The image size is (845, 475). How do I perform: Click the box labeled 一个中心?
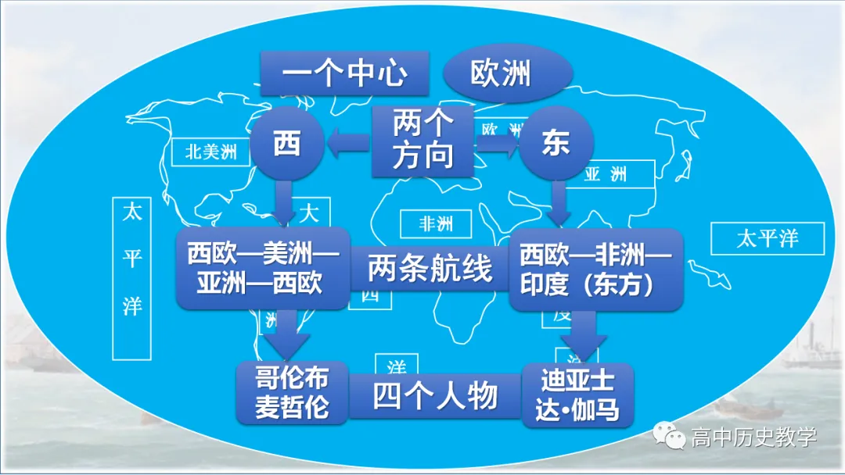(344, 74)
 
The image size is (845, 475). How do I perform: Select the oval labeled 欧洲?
(501, 74)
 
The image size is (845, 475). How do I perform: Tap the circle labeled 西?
(287, 145)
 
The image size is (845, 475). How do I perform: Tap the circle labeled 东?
(556, 145)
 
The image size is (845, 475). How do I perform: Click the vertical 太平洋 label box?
(131, 277)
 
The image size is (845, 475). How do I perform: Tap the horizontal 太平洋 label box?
(768, 238)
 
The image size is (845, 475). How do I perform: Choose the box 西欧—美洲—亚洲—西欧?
(262, 268)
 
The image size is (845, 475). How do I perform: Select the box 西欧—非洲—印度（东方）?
(596, 268)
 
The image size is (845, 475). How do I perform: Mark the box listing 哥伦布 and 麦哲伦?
(293, 393)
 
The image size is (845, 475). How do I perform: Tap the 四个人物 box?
(435, 396)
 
